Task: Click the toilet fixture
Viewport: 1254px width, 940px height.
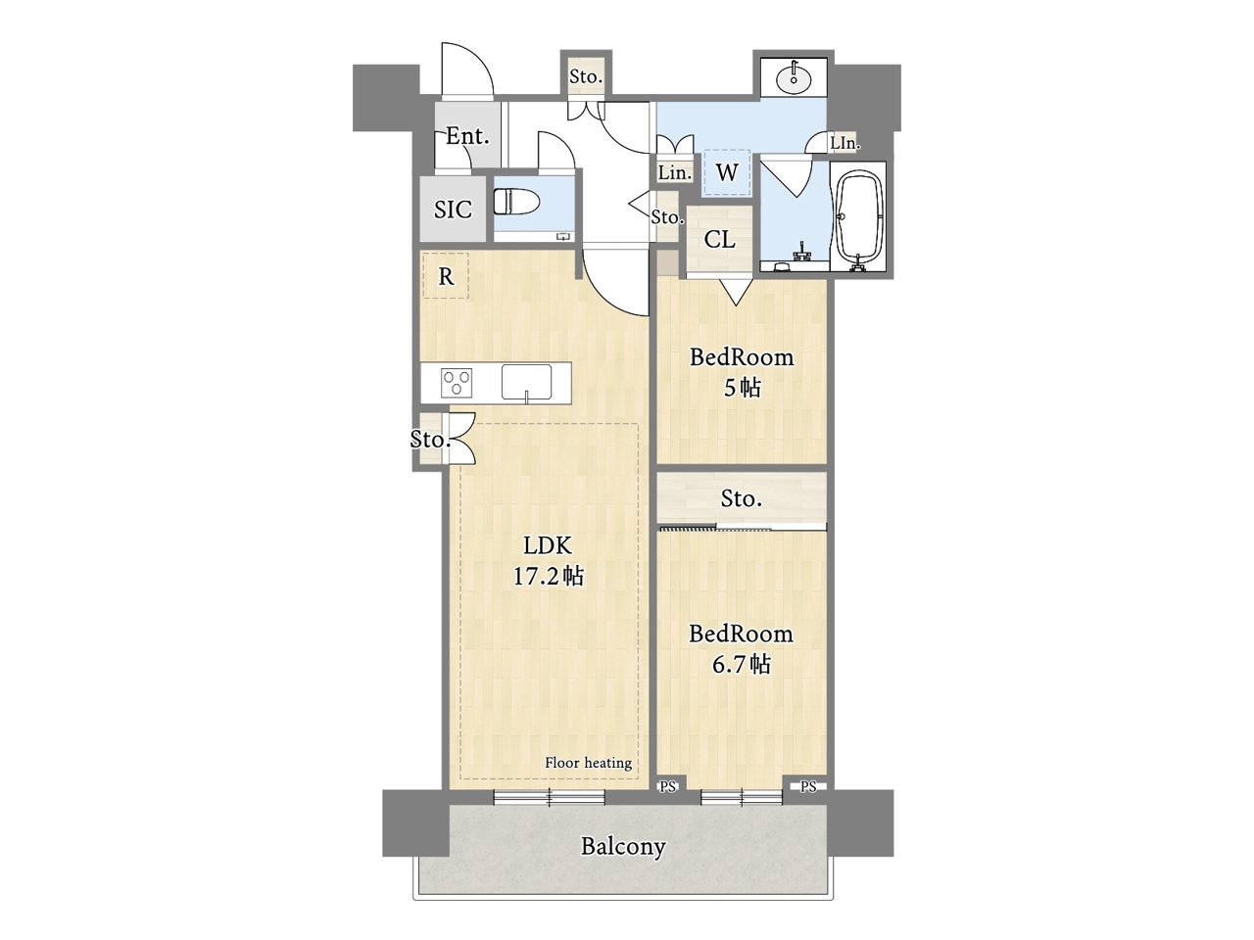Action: coord(516,203)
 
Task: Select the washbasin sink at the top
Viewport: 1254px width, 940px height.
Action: coord(794,77)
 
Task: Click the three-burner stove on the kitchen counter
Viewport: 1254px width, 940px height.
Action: coord(457,383)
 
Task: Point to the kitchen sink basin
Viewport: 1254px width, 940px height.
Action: coord(527,382)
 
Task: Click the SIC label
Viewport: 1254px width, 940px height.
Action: coord(453,210)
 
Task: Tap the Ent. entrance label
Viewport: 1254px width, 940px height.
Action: coord(468,136)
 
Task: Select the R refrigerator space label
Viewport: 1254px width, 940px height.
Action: coord(446,277)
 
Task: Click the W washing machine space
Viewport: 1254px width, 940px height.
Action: coord(727,171)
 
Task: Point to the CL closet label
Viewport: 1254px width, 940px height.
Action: coord(719,240)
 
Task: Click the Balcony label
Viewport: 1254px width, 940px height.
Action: coord(623,847)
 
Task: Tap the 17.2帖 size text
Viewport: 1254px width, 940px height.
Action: coord(549,577)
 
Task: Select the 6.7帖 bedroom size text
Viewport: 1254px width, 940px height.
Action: coord(741,664)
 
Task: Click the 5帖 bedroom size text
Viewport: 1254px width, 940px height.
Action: coord(743,388)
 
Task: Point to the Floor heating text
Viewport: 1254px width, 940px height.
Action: coord(589,763)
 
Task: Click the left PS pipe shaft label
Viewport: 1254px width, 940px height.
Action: coord(668,787)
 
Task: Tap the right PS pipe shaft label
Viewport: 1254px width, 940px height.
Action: coord(808,787)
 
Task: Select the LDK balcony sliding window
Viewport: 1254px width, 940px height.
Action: coord(549,797)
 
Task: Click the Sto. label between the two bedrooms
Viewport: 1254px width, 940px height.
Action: coord(741,499)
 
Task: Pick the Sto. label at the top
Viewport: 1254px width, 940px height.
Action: coord(586,76)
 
